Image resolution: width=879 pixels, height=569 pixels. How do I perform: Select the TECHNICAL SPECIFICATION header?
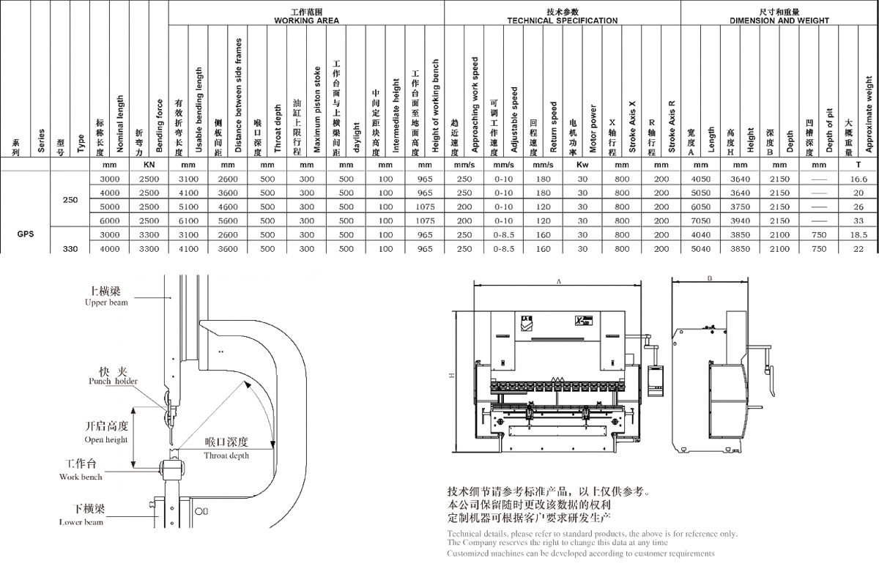(562, 21)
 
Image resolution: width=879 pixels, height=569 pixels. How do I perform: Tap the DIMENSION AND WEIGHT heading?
(779, 21)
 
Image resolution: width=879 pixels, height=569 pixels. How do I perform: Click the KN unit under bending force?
(149, 166)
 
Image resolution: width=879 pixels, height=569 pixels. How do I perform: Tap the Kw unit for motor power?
(583, 166)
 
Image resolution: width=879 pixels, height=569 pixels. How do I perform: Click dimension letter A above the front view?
(559, 280)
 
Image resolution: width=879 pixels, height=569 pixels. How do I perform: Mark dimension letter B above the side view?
(711, 278)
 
